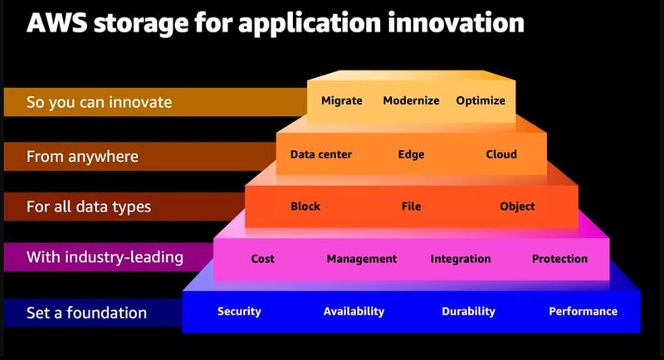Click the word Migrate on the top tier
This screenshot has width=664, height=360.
[341, 100]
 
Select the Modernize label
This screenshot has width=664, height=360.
[411, 100]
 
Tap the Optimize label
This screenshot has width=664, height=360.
[481, 100]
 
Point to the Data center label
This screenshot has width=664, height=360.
[321, 154]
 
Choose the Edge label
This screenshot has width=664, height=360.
[411, 154]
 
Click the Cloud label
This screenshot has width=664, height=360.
[501, 154]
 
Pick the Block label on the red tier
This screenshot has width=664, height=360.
[305, 207]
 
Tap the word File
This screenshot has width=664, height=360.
[412, 207]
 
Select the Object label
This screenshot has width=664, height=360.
[517, 207]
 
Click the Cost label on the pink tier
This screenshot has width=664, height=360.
[262, 259]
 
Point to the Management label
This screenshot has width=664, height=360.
[362, 259]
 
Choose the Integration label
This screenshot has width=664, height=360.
[461, 259]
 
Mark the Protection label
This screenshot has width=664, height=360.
[559, 259]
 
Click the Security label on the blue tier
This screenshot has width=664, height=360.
[239, 311]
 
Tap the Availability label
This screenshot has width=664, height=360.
[354, 311]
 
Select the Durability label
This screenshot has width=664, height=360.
[468, 311]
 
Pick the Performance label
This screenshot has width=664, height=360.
[583, 311]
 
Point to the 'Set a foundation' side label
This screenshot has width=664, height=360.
[86, 313]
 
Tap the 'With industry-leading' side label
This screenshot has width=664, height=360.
[105, 257]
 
